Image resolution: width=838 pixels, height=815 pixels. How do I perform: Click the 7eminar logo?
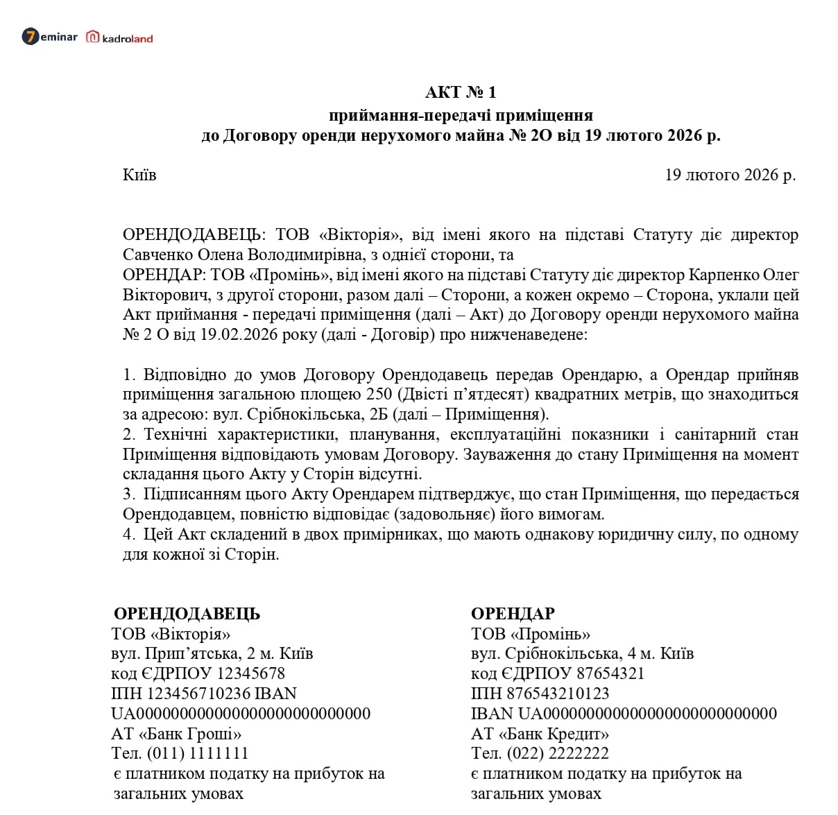click(x=49, y=37)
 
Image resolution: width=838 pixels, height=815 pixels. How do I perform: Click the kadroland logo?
click(x=119, y=38)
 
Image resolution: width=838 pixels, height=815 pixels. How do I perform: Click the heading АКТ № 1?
click(x=461, y=93)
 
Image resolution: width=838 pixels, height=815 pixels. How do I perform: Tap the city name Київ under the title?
click(x=139, y=175)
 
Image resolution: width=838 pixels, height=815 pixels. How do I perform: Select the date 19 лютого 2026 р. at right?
click(x=730, y=175)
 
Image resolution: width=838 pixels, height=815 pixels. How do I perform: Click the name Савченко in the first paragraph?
click(x=154, y=255)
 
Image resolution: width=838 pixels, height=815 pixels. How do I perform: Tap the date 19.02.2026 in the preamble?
click(x=228, y=335)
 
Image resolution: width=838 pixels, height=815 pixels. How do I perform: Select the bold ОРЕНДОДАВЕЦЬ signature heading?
click(x=187, y=614)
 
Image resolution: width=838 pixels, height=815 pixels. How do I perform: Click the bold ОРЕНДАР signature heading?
click(x=513, y=614)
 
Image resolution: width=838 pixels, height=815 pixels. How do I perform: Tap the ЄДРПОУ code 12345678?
click(x=250, y=674)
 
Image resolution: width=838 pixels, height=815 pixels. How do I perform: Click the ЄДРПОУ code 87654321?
click(x=610, y=674)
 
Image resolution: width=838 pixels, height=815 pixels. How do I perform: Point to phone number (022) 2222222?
click(x=558, y=753)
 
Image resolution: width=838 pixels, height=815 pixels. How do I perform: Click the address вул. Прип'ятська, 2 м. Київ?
click(x=212, y=654)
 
